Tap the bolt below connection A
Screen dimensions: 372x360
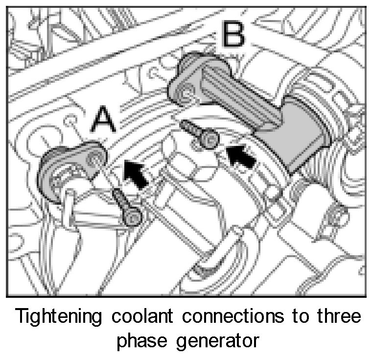[126, 209]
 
